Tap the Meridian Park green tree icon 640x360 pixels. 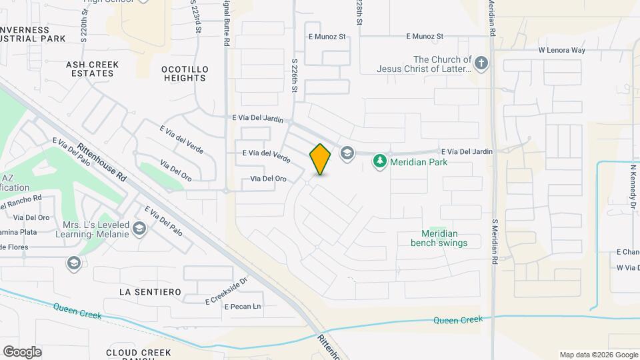[380, 161]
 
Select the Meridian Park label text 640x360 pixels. [419, 162]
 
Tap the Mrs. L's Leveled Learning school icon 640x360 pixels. [139, 229]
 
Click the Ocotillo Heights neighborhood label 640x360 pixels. [185, 73]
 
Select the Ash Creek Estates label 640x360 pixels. [92, 69]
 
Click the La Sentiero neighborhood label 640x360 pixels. [150, 292]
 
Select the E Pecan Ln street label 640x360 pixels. [243, 307]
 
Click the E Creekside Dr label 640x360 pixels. [226, 291]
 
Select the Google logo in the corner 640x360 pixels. [22, 352]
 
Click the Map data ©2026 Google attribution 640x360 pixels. [598, 355]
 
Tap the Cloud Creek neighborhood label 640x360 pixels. [138, 353]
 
